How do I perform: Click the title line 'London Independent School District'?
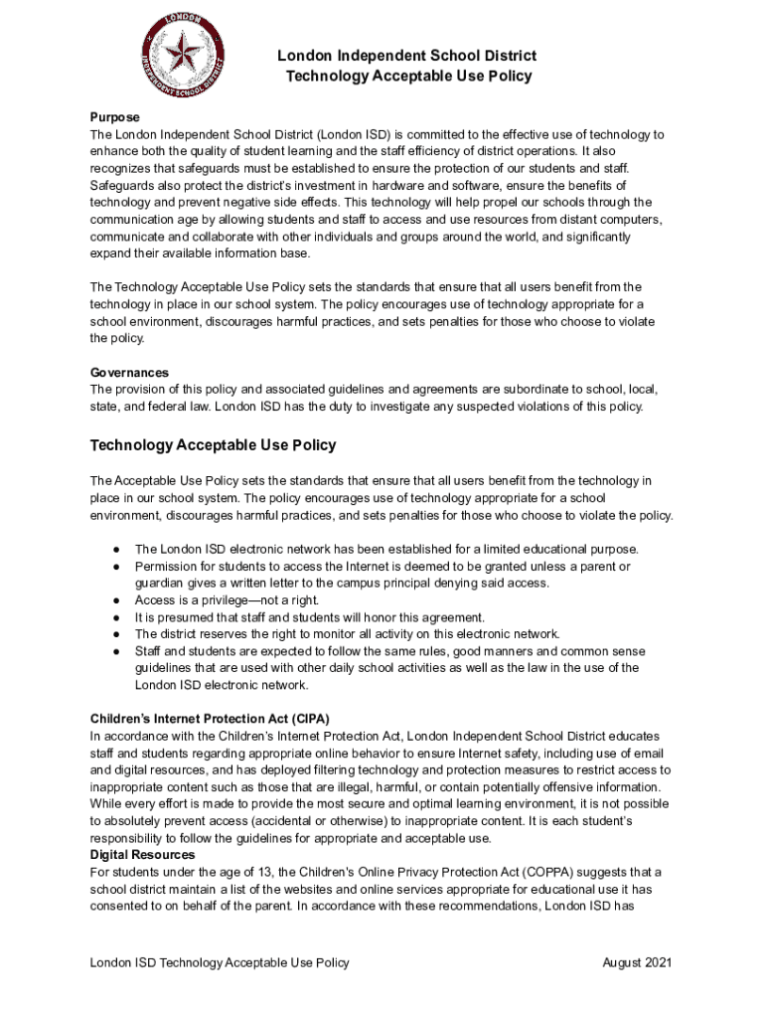pyautogui.click(x=406, y=56)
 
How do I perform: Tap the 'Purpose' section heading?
pyautogui.click(x=114, y=117)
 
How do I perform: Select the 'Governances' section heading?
pyautogui.click(x=129, y=373)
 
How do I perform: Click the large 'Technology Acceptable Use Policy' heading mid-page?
pyautogui.click(x=214, y=445)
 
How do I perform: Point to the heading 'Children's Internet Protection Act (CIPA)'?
pyautogui.click(x=210, y=719)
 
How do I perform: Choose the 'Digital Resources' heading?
pyautogui.click(x=143, y=855)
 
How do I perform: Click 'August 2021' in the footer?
pyautogui.click(x=638, y=962)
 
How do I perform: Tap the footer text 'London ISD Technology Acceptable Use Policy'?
pyautogui.click(x=220, y=962)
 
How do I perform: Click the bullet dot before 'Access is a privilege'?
pyautogui.click(x=116, y=600)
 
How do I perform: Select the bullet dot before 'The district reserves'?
pyautogui.click(x=116, y=634)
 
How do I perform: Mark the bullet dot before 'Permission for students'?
pyautogui.click(x=116, y=567)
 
